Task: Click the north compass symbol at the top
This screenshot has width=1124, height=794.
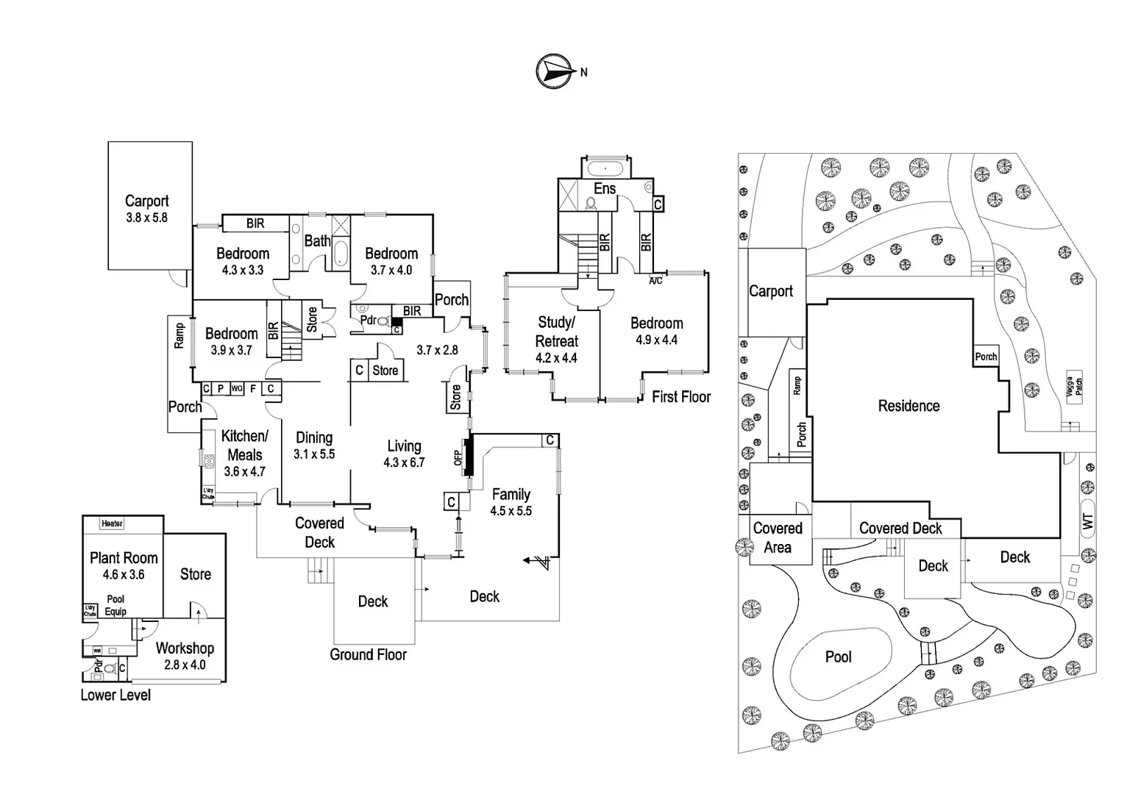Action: pyautogui.click(x=555, y=71)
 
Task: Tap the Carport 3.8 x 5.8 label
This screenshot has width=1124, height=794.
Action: pyautogui.click(x=146, y=208)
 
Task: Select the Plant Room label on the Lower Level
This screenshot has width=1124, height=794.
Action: pyautogui.click(x=124, y=565)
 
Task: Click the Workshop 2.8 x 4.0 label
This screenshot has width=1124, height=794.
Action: pyautogui.click(x=185, y=656)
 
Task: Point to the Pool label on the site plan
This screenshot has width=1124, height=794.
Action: pyautogui.click(x=838, y=657)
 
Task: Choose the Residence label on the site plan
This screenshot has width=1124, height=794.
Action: pyautogui.click(x=908, y=406)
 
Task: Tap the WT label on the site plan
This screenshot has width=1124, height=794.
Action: pyautogui.click(x=1088, y=523)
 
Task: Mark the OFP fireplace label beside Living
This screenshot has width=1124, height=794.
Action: pyautogui.click(x=458, y=457)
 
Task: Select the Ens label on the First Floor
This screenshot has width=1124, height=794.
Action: pyautogui.click(x=605, y=189)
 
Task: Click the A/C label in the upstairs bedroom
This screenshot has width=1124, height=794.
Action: pyautogui.click(x=655, y=281)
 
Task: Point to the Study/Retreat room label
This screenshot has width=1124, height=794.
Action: pyautogui.click(x=557, y=340)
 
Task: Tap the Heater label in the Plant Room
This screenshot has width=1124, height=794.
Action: pyautogui.click(x=113, y=523)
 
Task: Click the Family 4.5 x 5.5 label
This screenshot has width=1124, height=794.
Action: pyautogui.click(x=511, y=502)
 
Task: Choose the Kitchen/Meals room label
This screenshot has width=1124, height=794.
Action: pyautogui.click(x=245, y=454)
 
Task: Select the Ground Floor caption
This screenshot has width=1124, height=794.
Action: pyautogui.click(x=368, y=654)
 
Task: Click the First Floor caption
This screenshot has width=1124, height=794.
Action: pyautogui.click(x=681, y=397)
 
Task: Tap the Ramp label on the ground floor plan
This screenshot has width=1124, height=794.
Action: pyautogui.click(x=179, y=337)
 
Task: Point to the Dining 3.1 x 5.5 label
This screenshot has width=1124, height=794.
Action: pyautogui.click(x=314, y=446)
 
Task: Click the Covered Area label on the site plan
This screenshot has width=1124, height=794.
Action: pyautogui.click(x=778, y=537)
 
